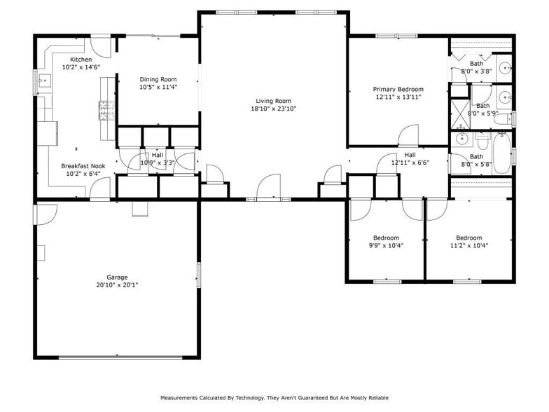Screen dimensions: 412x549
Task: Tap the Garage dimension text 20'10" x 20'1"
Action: (x=117, y=285)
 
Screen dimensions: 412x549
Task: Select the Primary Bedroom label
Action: (x=398, y=89)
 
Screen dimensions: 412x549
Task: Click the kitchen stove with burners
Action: (x=106, y=111)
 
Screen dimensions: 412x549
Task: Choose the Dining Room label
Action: (x=158, y=79)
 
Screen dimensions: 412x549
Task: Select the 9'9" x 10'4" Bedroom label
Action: (x=385, y=238)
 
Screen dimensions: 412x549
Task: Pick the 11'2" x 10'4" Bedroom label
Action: (x=468, y=238)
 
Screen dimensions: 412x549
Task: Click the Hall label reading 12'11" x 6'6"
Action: (x=410, y=155)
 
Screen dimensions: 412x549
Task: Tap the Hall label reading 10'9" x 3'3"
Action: (x=158, y=155)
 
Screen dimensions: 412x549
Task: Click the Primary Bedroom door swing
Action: (x=408, y=136)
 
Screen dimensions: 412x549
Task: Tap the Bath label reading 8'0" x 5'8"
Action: (x=477, y=157)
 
